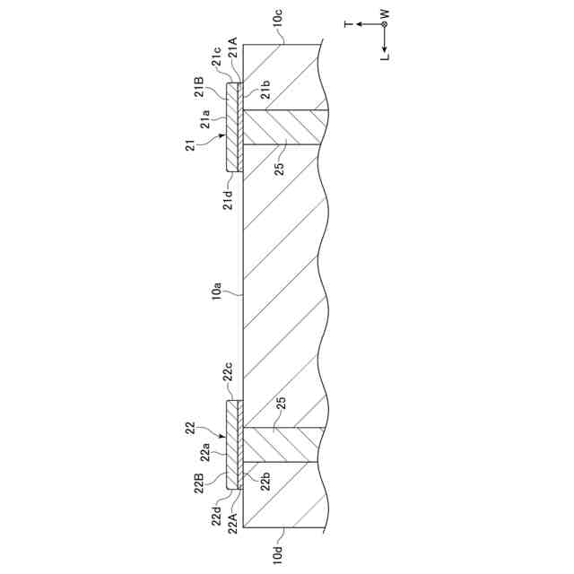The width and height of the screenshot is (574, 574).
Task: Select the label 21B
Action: (199, 87)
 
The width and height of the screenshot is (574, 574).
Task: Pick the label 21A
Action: (232, 44)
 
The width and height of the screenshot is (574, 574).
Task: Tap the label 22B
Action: (203, 482)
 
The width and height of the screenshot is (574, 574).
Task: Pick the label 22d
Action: (218, 517)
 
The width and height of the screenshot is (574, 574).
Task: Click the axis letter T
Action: (349, 24)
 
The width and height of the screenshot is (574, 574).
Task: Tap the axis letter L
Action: (384, 57)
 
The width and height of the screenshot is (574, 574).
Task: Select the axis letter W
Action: (384, 13)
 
